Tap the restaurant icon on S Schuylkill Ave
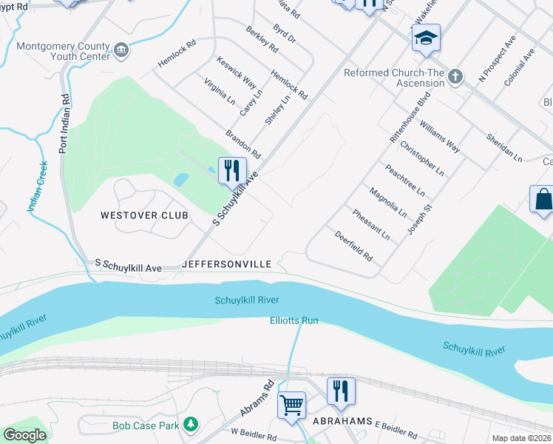[x=231, y=171]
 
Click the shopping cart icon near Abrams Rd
[x=292, y=405]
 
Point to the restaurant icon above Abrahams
[x=341, y=391]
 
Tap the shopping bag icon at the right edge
[x=543, y=200]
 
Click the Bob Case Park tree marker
[x=191, y=424]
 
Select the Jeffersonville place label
[x=227, y=263]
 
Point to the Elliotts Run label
[x=294, y=320]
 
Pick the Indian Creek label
[x=36, y=187]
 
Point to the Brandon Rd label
[x=243, y=144]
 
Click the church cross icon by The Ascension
[x=455, y=75]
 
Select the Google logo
[x=24, y=434]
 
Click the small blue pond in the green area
[x=180, y=180]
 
